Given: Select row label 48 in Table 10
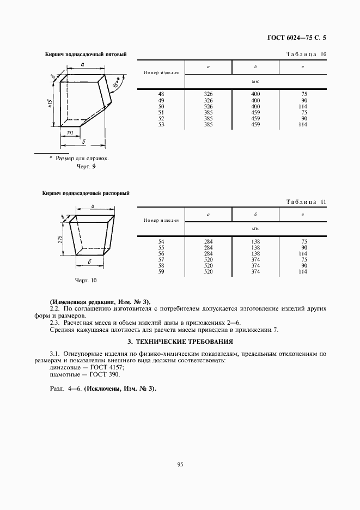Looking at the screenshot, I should (161, 95).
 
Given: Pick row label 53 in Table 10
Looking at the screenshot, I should (161, 125).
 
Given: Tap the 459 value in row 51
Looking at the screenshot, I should (255, 113).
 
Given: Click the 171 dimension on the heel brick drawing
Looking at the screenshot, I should (70, 133).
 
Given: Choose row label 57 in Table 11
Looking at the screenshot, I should (161, 259).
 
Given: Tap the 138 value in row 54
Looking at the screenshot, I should (255, 241).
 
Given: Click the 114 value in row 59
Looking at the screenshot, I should (303, 271).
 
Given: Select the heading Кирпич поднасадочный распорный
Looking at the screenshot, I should (87, 193).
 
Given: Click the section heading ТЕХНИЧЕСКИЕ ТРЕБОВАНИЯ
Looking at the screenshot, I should (180, 342).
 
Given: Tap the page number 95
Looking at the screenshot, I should (180, 464).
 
